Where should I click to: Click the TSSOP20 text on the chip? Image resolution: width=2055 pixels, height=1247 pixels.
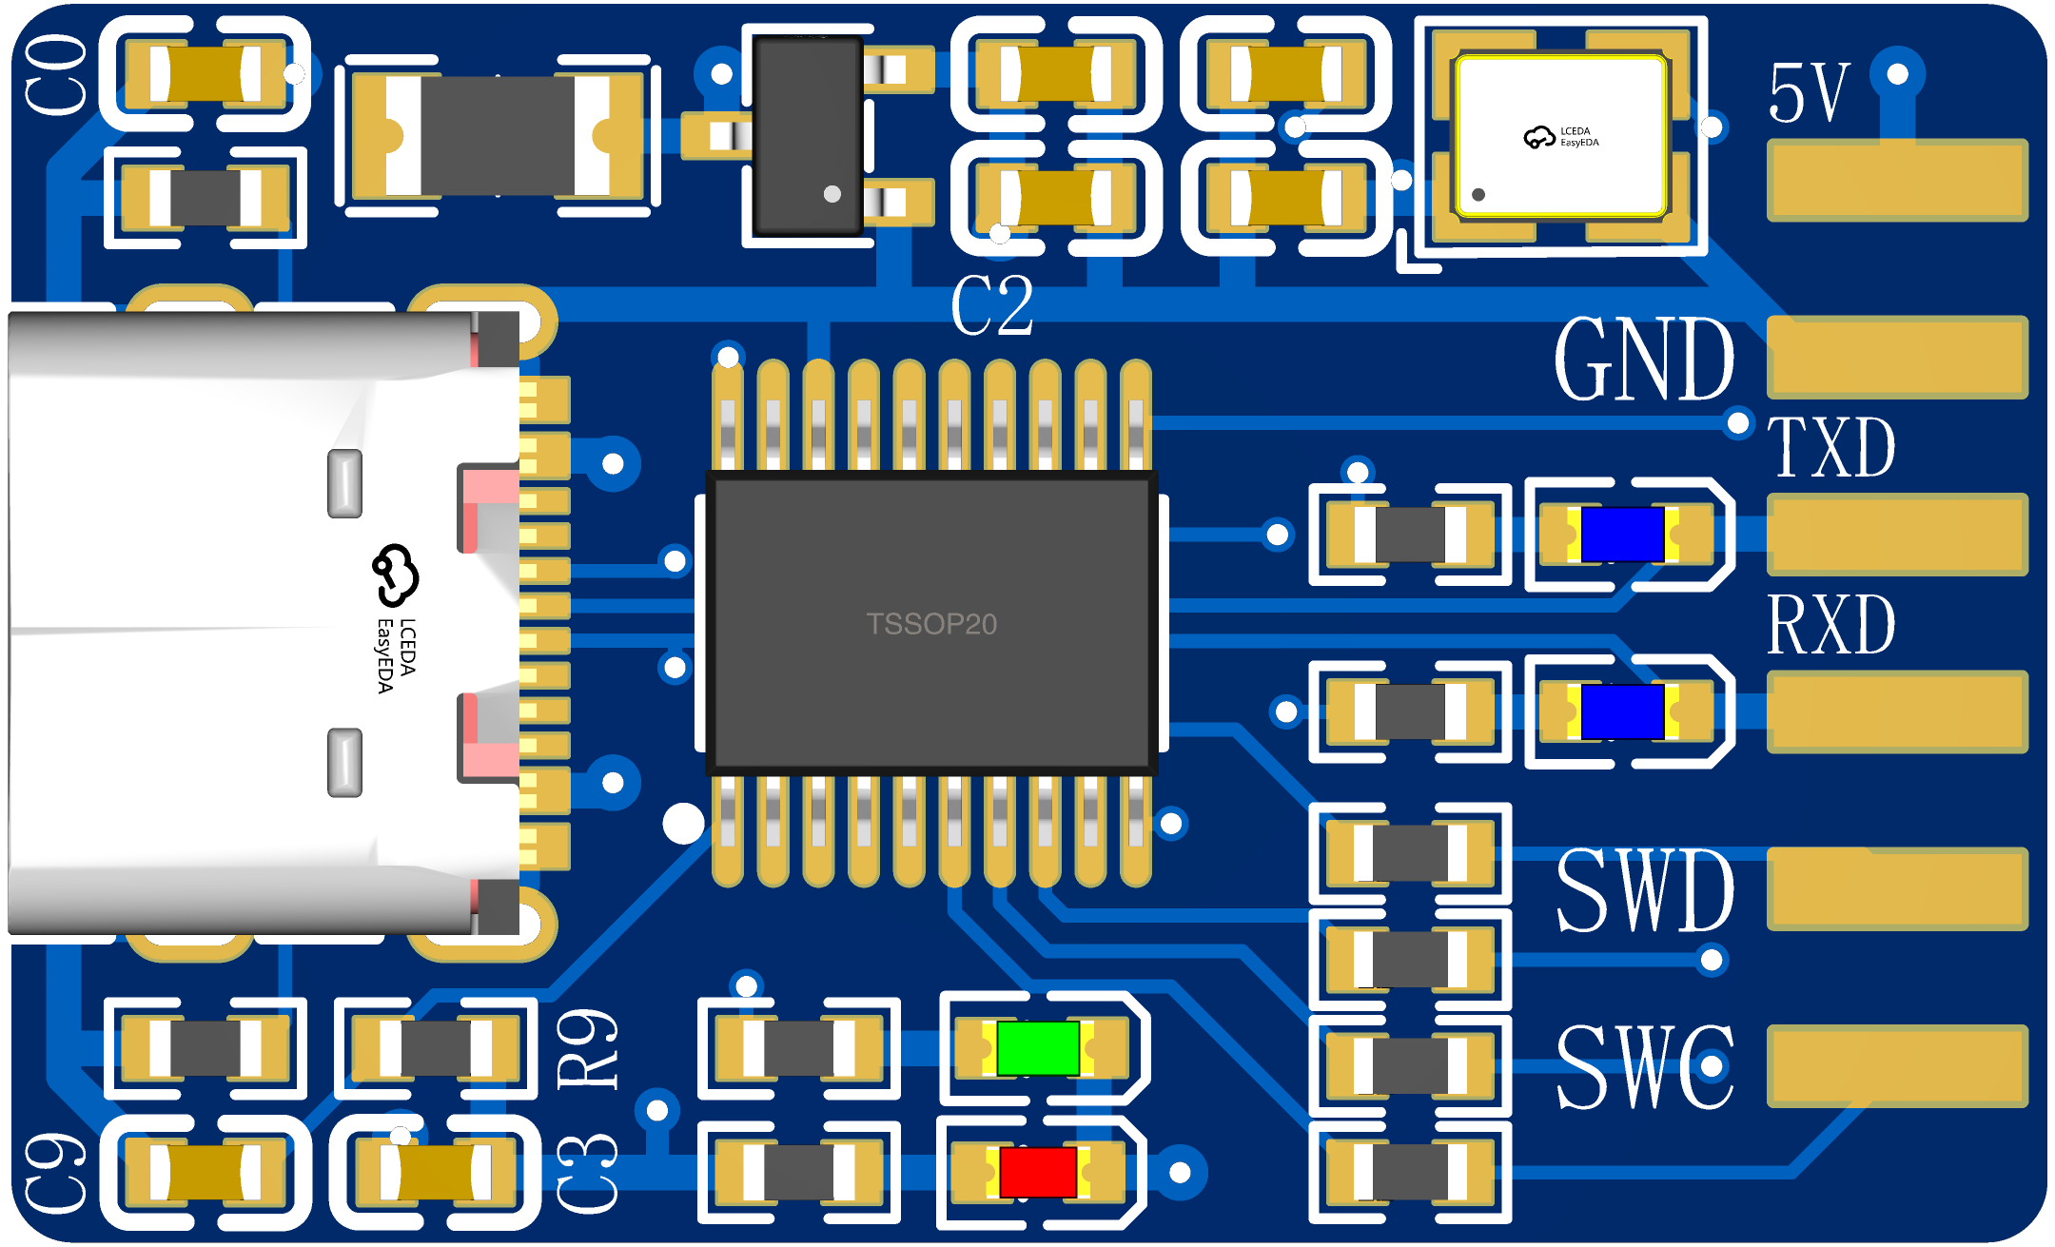[931, 624]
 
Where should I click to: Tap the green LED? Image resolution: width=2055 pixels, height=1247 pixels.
[1038, 1048]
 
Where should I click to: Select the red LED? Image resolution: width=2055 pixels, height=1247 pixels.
[1038, 1172]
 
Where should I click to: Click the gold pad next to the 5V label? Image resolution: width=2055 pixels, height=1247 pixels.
[1897, 180]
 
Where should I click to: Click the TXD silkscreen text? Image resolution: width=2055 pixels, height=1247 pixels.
[1831, 447]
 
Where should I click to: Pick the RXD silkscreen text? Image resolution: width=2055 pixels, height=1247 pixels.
[1831, 625]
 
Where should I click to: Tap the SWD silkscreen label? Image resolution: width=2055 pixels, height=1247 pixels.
[1645, 890]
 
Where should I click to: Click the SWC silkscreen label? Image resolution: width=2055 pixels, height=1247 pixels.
[1645, 1066]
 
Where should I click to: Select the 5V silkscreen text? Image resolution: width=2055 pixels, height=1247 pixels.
[1809, 92]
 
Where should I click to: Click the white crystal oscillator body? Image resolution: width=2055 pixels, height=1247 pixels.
[1560, 136]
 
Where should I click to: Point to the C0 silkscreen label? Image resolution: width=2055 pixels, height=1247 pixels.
[56, 75]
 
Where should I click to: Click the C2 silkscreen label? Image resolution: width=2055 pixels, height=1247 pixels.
[991, 305]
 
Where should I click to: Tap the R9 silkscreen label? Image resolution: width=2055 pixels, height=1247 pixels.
[587, 1049]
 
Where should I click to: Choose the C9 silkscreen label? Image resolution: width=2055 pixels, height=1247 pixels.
[56, 1173]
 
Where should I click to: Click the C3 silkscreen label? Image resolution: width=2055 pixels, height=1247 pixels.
[587, 1173]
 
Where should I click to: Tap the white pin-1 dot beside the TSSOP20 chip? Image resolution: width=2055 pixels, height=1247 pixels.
[683, 824]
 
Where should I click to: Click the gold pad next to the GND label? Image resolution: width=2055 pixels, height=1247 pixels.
[1897, 357]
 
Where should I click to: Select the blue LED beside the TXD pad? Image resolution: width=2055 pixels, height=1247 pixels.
[1622, 535]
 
